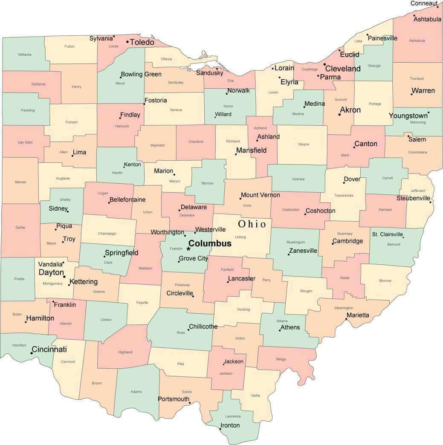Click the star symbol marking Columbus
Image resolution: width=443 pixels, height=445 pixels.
188,249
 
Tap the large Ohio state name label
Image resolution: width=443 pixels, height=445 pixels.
252,224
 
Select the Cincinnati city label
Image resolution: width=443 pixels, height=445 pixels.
49,350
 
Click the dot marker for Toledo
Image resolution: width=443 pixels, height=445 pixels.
127,42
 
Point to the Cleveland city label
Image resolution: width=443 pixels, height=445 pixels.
343,69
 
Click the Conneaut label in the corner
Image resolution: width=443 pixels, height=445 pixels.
424,3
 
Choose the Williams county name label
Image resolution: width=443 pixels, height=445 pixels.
25,55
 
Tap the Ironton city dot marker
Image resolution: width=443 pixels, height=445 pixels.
220,429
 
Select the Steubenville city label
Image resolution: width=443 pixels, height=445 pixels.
413,198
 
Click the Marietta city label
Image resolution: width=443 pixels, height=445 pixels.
358,315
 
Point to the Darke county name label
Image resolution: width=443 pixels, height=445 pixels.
20,228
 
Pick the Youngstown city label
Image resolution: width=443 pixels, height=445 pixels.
408,116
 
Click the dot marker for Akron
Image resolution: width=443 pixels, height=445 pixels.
339,114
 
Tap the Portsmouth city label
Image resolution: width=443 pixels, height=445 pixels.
173,399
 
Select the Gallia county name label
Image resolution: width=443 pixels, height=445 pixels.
255,396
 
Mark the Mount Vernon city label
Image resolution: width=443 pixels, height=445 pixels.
260,195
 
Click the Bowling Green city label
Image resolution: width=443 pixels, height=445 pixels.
141,74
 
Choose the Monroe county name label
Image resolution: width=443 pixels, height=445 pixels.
385,281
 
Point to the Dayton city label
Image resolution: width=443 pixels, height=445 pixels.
51,272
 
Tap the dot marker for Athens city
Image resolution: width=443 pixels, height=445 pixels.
280,330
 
